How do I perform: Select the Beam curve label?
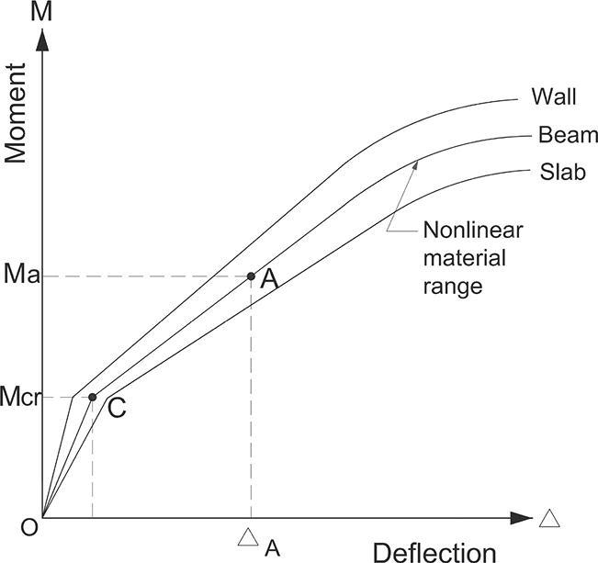click(x=568, y=136)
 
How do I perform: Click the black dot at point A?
click(x=251, y=276)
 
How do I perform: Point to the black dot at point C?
click(x=93, y=397)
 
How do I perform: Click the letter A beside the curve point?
click(x=269, y=280)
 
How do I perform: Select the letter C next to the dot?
click(x=117, y=409)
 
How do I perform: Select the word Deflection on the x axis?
click(x=434, y=552)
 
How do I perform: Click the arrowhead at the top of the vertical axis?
click(x=42, y=42)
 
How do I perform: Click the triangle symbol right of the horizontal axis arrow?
click(x=549, y=518)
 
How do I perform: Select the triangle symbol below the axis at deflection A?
click(x=247, y=537)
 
